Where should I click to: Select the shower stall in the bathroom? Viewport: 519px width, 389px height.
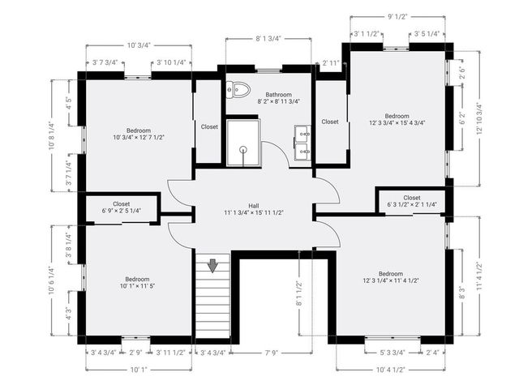point(242,143)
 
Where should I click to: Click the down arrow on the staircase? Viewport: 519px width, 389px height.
point(212,265)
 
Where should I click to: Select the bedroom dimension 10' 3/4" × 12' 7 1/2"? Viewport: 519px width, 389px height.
point(139,138)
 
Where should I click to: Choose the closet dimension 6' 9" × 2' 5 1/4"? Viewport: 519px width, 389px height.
point(122,211)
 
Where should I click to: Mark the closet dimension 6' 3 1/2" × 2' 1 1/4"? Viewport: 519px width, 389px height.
point(411,204)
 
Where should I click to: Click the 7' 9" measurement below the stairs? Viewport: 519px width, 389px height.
point(272,353)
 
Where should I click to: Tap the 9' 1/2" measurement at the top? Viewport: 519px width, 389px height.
point(397,15)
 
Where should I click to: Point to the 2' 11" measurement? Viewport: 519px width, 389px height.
point(330,62)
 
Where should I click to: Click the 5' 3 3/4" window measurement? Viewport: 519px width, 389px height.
point(392,353)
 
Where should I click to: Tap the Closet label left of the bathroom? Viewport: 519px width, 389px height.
point(209,126)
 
